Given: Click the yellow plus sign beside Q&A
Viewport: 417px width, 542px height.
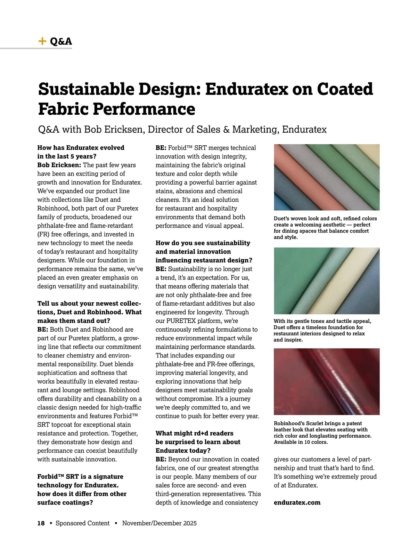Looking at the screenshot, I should tap(42, 41).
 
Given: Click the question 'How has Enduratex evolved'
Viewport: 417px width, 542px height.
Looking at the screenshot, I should tap(81, 148).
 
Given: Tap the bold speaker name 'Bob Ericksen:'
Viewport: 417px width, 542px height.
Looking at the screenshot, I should tap(59, 165).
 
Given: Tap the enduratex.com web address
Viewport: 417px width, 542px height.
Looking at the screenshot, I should tap(297, 502).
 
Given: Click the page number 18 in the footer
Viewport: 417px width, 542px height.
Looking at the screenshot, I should tap(41, 523).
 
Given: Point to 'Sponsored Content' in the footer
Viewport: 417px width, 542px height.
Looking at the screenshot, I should tap(82, 523).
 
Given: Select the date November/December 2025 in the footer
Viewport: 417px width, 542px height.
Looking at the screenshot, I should tap(159, 523).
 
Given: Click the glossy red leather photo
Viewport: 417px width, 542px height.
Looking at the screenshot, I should tap(326, 381).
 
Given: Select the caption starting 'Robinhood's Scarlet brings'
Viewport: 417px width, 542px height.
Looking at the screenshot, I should tap(322, 433).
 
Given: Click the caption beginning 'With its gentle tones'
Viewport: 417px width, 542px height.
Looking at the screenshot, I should tap(322, 330).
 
